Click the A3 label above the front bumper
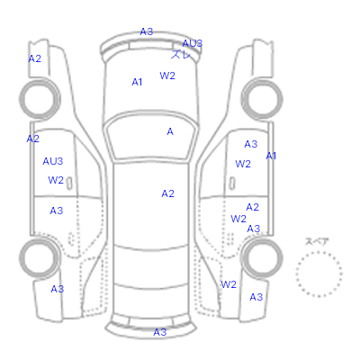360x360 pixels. (x=147, y=31)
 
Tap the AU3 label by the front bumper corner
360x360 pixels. (x=193, y=43)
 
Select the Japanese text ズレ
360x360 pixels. (x=181, y=54)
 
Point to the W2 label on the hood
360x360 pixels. (x=167, y=76)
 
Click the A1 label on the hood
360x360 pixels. (x=137, y=82)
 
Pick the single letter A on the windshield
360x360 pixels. (x=170, y=131)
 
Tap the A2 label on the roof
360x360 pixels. (x=167, y=193)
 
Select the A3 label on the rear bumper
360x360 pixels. (x=160, y=332)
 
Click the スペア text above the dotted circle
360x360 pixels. (x=317, y=241)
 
